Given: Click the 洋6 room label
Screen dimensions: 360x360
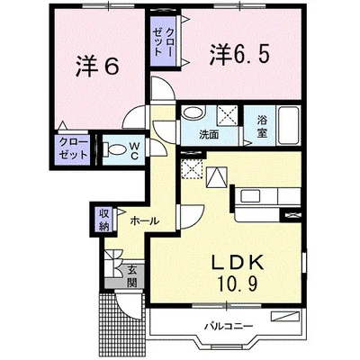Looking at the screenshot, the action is point(97,67).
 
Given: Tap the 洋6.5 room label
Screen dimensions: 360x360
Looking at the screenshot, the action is point(238,55).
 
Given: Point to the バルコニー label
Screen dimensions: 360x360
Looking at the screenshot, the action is point(229,326).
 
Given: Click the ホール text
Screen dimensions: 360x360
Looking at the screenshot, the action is point(144,221).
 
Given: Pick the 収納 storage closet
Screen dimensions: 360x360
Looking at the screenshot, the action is point(104,220).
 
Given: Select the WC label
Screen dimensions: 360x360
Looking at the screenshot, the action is point(134,151).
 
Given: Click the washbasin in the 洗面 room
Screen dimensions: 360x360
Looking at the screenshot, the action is point(192,113).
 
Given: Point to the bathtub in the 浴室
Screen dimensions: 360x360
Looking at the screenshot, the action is point(288,125).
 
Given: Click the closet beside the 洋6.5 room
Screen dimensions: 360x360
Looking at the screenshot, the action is point(164,40).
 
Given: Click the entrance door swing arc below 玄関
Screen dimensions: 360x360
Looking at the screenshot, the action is point(129,308).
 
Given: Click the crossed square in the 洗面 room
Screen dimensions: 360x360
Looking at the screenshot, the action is point(227,114).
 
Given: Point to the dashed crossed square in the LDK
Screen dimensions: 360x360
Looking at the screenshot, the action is point(192,169).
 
